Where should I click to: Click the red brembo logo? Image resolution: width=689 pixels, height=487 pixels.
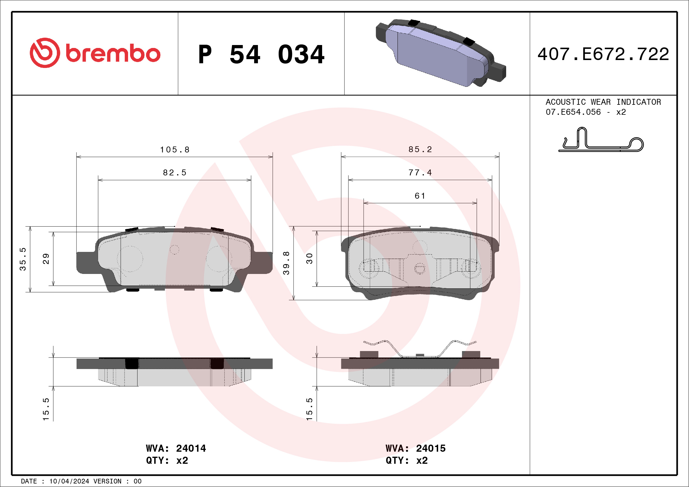tap(95, 53)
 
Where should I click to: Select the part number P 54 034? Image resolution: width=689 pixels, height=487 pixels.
tap(261, 54)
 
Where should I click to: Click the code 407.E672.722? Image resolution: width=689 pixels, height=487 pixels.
tap(603, 54)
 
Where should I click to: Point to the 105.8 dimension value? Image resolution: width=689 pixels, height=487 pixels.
tap(175, 150)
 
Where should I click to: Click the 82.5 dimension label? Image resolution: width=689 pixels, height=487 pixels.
tap(175, 173)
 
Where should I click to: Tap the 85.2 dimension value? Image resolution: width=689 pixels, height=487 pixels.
tap(420, 149)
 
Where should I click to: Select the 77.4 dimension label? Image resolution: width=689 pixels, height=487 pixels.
tap(420, 173)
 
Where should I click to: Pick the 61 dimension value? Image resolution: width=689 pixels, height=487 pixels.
tap(420, 196)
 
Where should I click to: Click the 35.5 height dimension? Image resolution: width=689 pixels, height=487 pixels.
tap(23, 259)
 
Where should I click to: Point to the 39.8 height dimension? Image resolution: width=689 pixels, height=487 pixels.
tap(286, 263)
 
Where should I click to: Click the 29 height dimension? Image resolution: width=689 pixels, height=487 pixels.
tap(46, 258)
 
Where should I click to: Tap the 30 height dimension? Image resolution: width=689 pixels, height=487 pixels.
tap(309, 258)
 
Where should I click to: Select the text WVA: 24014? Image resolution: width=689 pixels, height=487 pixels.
tap(176, 448)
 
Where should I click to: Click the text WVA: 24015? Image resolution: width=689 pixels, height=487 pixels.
tap(415, 448)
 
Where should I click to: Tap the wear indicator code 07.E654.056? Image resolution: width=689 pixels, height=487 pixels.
tap(573, 112)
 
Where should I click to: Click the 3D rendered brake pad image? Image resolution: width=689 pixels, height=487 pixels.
tap(440, 53)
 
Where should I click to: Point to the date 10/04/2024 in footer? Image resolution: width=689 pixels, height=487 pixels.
tap(69, 481)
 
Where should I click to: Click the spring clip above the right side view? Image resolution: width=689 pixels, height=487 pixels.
tap(420, 349)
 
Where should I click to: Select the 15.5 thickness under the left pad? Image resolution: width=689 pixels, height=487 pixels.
tap(46, 409)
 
